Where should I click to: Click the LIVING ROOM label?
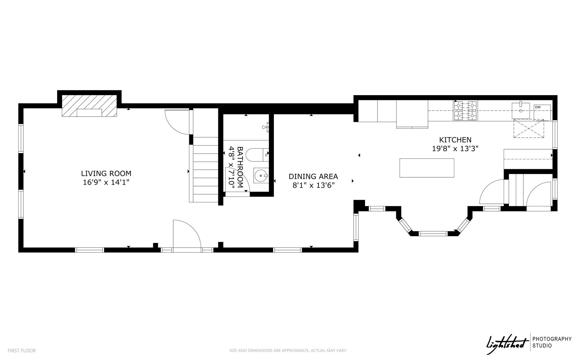click(x=106, y=173)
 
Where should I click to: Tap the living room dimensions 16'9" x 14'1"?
click(x=106, y=182)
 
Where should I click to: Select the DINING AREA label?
click(x=313, y=176)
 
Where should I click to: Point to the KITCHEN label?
click(x=455, y=140)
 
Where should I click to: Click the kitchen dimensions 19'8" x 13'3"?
click(x=455, y=149)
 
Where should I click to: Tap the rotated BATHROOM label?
click(x=240, y=167)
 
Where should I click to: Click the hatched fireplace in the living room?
click(x=89, y=106)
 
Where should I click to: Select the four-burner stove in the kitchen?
click(x=465, y=111)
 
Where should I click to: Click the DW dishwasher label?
click(x=537, y=107)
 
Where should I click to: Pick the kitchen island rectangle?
click(x=427, y=168)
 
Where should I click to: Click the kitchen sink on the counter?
click(x=520, y=111)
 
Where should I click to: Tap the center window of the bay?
click(x=433, y=233)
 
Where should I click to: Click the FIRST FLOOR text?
click(x=22, y=351)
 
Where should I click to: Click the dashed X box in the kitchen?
click(x=529, y=129)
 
